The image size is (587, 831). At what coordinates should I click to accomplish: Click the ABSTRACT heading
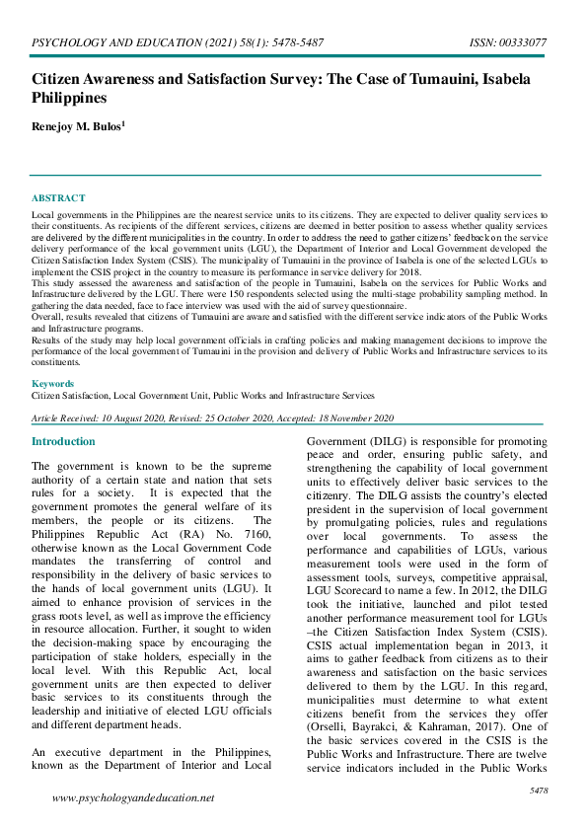pyautogui.click(x=58, y=198)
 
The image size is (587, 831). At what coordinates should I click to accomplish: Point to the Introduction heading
pyautogui.click(x=63, y=442)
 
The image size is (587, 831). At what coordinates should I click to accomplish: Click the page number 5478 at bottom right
pyautogui.click(x=539, y=791)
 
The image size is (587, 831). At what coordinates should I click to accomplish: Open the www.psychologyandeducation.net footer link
pyautogui.click(x=132, y=797)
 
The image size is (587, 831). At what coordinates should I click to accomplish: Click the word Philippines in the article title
pyautogui.click(x=70, y=99)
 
